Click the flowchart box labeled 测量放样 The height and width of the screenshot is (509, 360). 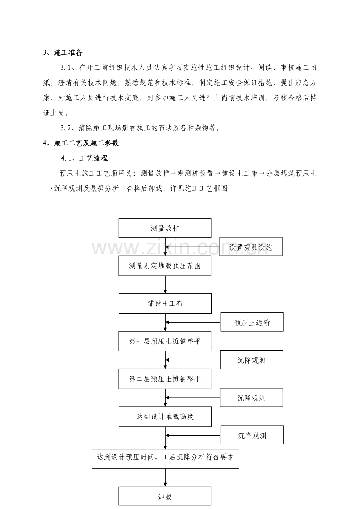pos(165,228)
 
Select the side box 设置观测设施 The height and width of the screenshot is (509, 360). pos(250,247)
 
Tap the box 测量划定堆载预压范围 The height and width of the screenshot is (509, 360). pos(165,265)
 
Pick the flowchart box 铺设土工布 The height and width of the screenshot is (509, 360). pos(165,303)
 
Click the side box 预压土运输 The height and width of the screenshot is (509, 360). pos(252,322)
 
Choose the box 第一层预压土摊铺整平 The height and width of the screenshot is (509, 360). pos(165,341)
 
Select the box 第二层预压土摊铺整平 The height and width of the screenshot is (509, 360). pos(165,379)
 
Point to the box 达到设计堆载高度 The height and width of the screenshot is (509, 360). pos(165,416)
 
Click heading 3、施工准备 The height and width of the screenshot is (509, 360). pos(63,53)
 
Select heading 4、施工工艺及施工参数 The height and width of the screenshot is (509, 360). pos(81,143)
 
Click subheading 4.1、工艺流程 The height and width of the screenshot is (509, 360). pos(84,158)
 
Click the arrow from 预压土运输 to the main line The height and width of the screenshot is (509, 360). pos(193,322)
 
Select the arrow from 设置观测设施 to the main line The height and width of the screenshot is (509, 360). pos(192,247)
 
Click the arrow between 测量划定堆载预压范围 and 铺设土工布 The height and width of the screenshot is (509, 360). pos(165,285)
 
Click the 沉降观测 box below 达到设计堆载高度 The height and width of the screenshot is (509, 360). pos(252,435)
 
